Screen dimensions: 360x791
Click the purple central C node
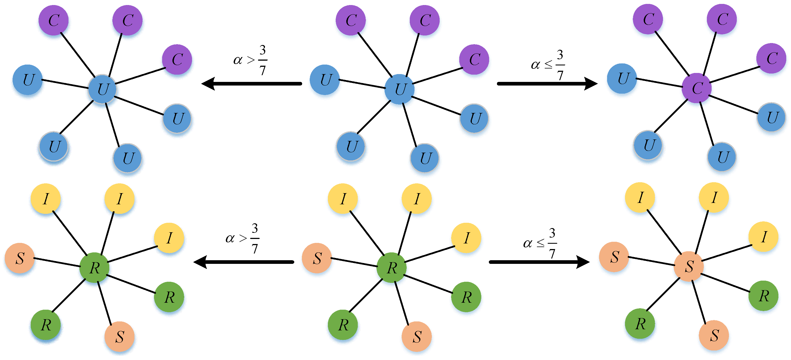click(697, 88)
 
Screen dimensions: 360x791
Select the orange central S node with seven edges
click(688, 266)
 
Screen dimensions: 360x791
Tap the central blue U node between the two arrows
click(399, 89)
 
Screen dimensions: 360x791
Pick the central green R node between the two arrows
click(392, 267)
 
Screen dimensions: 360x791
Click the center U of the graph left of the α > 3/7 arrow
click(102, 89)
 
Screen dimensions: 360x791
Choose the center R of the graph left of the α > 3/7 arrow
click(94, 267)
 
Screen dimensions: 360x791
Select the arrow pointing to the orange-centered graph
click(539, 262)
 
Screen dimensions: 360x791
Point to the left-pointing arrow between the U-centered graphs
click(252, 84)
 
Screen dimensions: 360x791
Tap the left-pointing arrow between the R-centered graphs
click(244, 262)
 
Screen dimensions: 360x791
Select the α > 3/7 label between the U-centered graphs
click(250, 60)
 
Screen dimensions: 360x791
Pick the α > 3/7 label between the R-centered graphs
click(243, 238)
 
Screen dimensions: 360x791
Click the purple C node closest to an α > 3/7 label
click(177, 60)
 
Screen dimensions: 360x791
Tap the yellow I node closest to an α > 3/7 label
click(169, 238)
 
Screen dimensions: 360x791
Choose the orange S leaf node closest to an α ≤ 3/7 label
click(614, 257)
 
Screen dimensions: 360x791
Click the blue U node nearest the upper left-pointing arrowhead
click(177, 119)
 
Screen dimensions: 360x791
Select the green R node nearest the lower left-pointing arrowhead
click(169, 297)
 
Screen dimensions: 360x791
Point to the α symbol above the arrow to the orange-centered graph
click(527, 243)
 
